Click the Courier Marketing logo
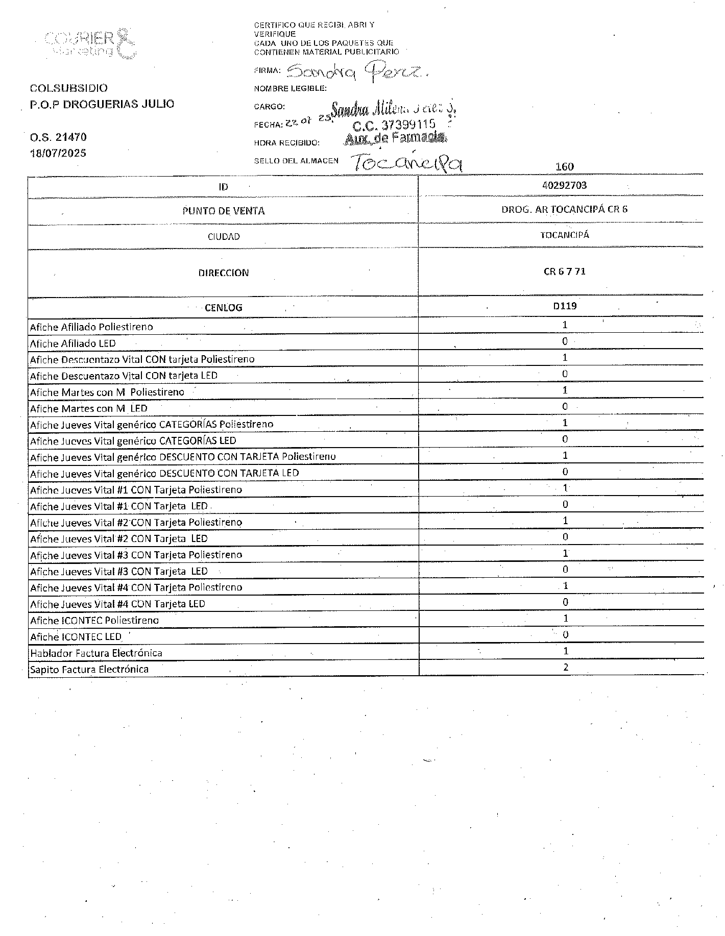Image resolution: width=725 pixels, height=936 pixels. (90, 43)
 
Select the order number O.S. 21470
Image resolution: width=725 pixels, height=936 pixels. (58, 137)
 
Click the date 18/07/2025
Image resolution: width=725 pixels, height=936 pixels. (58, 153)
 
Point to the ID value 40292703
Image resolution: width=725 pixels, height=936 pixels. (564, 185)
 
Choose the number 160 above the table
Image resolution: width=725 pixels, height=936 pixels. (565, 167)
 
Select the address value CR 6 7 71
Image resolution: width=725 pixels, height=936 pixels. (564, 272)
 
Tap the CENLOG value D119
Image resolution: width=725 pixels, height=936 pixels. (565, 306)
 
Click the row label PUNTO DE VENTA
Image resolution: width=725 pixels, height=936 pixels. (224, 211)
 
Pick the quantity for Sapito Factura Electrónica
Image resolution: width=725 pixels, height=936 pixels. (565, 667)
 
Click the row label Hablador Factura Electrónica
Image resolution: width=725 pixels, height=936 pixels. (96, 653)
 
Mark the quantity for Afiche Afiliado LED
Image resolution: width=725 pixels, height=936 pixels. (565, 341)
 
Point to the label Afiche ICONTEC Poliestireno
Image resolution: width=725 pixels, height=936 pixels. (94, 621)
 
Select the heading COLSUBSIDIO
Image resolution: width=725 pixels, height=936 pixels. (69, 88)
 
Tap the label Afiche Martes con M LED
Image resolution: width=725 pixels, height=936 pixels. (89, 408)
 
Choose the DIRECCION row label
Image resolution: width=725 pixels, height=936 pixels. (224, 273)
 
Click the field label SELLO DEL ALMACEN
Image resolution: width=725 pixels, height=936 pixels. (296, 161)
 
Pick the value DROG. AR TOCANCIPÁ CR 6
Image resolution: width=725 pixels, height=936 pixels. (564, 209)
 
